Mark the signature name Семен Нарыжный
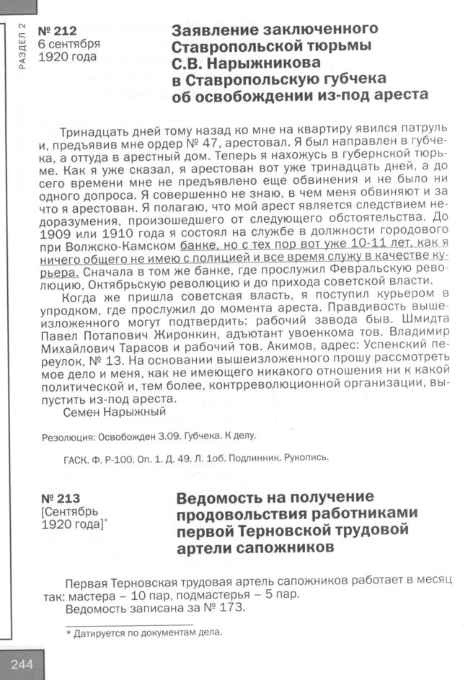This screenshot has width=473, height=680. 115,412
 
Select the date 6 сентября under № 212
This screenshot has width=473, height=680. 69,44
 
